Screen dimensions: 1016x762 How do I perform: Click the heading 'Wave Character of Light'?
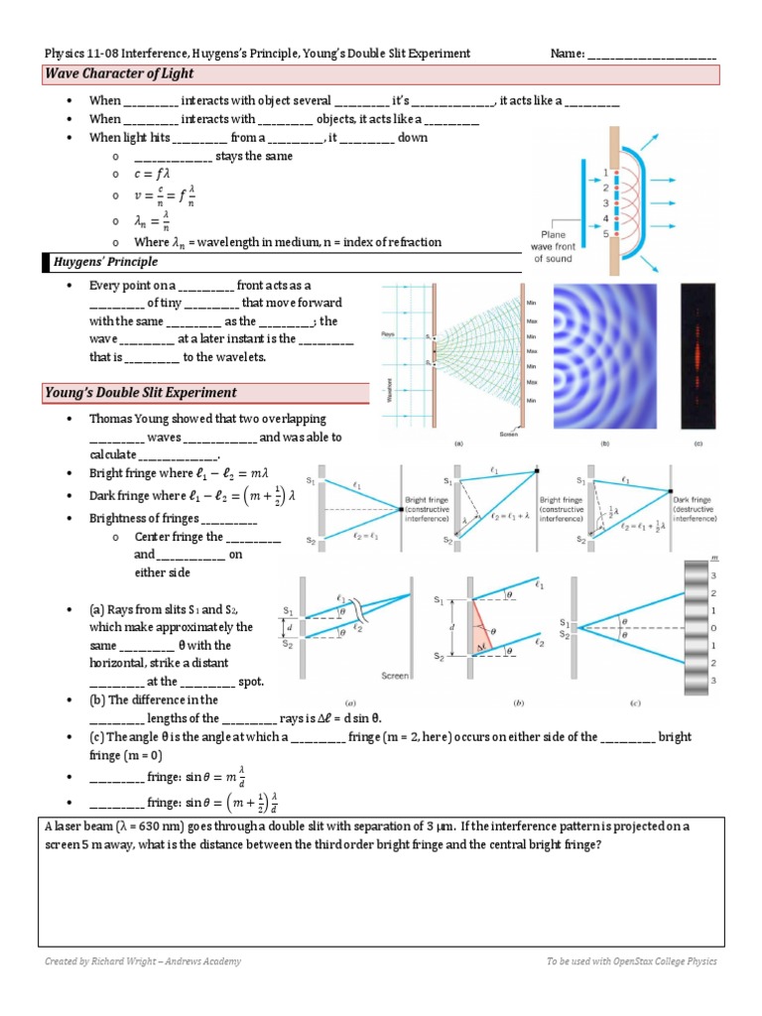coord(119,74)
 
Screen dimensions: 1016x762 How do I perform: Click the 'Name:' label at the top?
coord(568,54)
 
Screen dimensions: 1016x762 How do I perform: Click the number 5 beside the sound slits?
coord(604,234)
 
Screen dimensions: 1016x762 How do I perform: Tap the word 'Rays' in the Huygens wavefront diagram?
coord(389,334)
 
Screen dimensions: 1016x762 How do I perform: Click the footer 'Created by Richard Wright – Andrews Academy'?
coord(143,961)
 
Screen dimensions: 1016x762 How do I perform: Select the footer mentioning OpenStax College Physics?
coord(631,961)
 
